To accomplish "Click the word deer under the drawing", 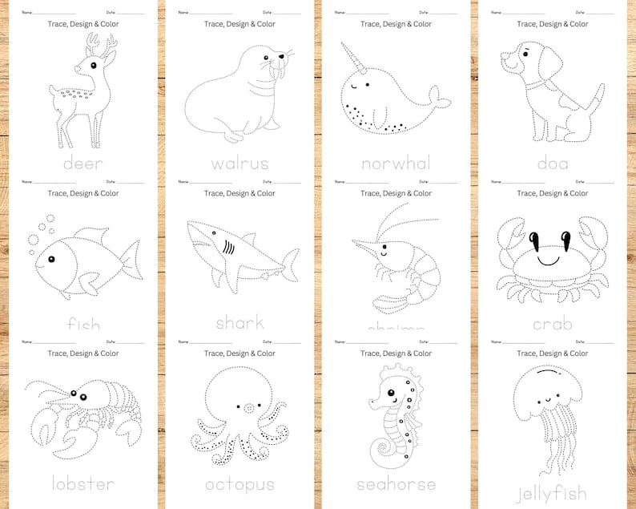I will [83, 164].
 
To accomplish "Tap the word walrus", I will [240, 164].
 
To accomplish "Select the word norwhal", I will [396, 164].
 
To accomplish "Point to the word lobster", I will [83, 484].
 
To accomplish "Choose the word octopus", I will [240, 484].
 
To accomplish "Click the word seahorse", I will [396, 484].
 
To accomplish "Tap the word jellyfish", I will [552, 492].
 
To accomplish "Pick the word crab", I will [552, 324].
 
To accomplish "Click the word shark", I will [240, 323].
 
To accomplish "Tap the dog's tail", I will [597, 97].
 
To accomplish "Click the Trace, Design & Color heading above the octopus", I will [240, 353].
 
